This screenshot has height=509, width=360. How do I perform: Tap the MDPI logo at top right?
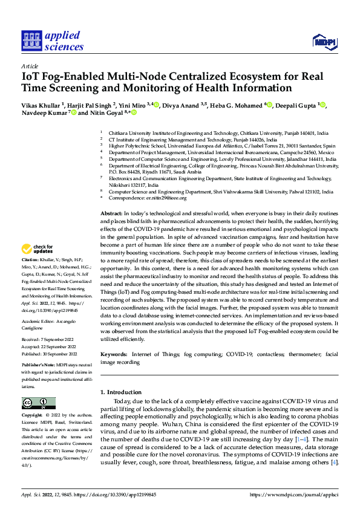click(x=323, y=41)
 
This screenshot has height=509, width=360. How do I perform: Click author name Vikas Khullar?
click(x=43, y=105)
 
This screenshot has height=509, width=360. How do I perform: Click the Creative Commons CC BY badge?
click(x=39, y=403)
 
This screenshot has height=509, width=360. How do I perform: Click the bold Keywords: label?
click(x=114, y=352)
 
